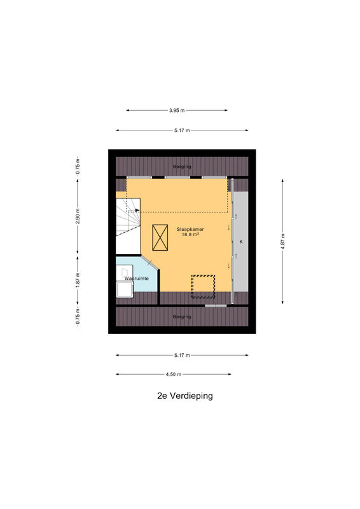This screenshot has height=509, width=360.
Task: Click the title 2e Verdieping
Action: [184, 396]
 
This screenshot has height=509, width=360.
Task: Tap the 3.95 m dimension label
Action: [177, 110]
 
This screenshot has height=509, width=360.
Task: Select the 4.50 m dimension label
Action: [174, 374]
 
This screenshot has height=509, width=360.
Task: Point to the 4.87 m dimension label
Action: [282, 241]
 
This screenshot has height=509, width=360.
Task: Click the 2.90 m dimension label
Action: [78, 216]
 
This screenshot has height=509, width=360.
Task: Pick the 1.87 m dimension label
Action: [78, 280]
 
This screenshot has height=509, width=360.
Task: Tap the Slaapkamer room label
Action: [190, 229]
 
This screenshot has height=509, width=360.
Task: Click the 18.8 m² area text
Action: [190, 234]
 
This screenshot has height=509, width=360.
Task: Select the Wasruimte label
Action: [137, 279]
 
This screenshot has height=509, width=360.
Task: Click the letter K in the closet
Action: [241, 242]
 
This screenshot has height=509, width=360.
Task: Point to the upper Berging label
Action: [182, 167]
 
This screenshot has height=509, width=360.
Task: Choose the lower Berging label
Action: [182, 316]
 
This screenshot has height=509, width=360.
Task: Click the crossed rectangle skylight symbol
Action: [160, 237]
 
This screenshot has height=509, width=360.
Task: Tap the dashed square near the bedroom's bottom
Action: [203, 286]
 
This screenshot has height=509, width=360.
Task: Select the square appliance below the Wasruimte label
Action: [125, 289]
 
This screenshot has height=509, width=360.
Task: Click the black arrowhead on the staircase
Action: [137, 211]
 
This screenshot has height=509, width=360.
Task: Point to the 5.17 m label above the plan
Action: [182, 130]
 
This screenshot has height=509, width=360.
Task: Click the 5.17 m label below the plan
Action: [182, 356]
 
